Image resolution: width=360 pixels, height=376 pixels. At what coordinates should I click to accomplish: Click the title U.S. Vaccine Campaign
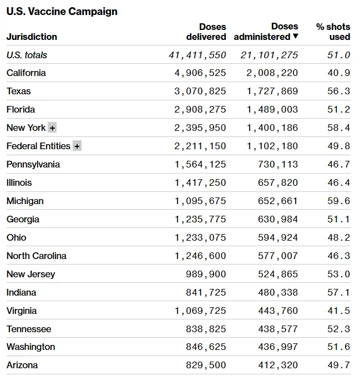click(x=62, y=11)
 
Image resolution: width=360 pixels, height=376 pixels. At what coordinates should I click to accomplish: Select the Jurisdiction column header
click(x=32, y=37)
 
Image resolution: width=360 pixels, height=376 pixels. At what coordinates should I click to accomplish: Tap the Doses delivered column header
click(x=206, y=32)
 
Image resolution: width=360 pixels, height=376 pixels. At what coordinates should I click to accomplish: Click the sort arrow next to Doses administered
click(x=296, y=37)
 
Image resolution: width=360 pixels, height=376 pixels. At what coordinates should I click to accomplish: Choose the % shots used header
click(x=333, y=32)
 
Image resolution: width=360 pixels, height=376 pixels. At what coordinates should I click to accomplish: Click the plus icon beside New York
click(x=52, y=128)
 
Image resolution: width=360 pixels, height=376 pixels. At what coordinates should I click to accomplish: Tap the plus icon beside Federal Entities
click(x=77, y=146)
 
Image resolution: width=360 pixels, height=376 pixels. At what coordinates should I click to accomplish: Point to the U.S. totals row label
click(x=27, y=55)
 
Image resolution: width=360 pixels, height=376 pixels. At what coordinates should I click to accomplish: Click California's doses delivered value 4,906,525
click(x=200, y=73)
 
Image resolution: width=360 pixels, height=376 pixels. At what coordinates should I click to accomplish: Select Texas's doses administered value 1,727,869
click(x=270, y=92)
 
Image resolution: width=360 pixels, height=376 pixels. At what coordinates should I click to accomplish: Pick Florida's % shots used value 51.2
click(x=338, y=110)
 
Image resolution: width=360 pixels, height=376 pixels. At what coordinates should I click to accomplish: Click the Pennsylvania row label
click(x=33, y=165)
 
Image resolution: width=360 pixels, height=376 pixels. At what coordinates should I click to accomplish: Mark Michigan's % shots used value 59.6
click(x=338, y=201)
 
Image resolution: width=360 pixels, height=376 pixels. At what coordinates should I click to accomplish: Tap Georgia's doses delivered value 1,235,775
click(x=200, y=220)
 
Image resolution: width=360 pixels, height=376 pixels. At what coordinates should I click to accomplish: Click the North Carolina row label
click(x=37, y=256)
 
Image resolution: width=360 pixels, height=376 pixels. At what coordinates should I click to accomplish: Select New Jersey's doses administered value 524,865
click(x=278, y=274)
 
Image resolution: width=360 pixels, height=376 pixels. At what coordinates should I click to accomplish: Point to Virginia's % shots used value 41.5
click(x=338, y=311)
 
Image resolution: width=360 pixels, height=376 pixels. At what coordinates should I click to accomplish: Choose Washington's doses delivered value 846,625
click(x=206, y=347)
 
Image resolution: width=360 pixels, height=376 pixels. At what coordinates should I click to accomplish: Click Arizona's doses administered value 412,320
click(x=278, y=365)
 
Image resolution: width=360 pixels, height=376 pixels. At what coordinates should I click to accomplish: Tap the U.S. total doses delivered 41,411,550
click(x=197, y=55)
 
